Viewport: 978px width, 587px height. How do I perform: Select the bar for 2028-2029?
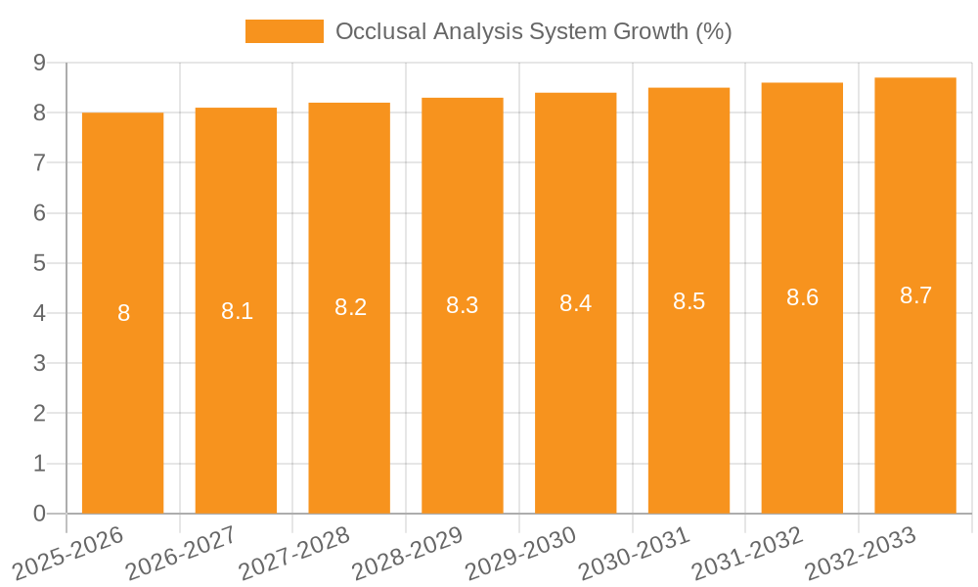point(463,391)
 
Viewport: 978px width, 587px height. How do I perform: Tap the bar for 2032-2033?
point(915,391)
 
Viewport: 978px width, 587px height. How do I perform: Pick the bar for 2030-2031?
point(689,391)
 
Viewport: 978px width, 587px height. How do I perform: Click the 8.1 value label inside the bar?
point(237,311)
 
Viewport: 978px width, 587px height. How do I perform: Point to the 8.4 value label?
point(575,303)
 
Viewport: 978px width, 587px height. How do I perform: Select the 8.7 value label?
point(915,295)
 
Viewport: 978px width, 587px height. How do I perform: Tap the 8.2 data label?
point(350,307)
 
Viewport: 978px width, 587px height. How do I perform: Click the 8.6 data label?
point(802,298)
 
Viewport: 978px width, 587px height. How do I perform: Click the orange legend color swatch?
point(284,31)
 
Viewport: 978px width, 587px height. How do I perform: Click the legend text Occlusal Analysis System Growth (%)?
point(533,31)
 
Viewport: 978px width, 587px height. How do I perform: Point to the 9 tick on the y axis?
point(39,63)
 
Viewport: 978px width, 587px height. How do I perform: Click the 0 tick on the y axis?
point(39,514)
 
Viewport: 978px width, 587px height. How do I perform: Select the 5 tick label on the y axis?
point(39,263)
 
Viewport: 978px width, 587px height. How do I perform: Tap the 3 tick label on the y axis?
point(39,364)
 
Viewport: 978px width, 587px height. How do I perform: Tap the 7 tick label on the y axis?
point(39,162)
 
